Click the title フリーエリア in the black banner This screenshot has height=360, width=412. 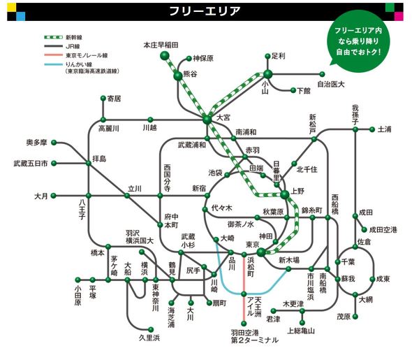[x=205, y=11]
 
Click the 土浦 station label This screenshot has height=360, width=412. [x=385, y=129]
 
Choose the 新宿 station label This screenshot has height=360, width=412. [x=200, y=188]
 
